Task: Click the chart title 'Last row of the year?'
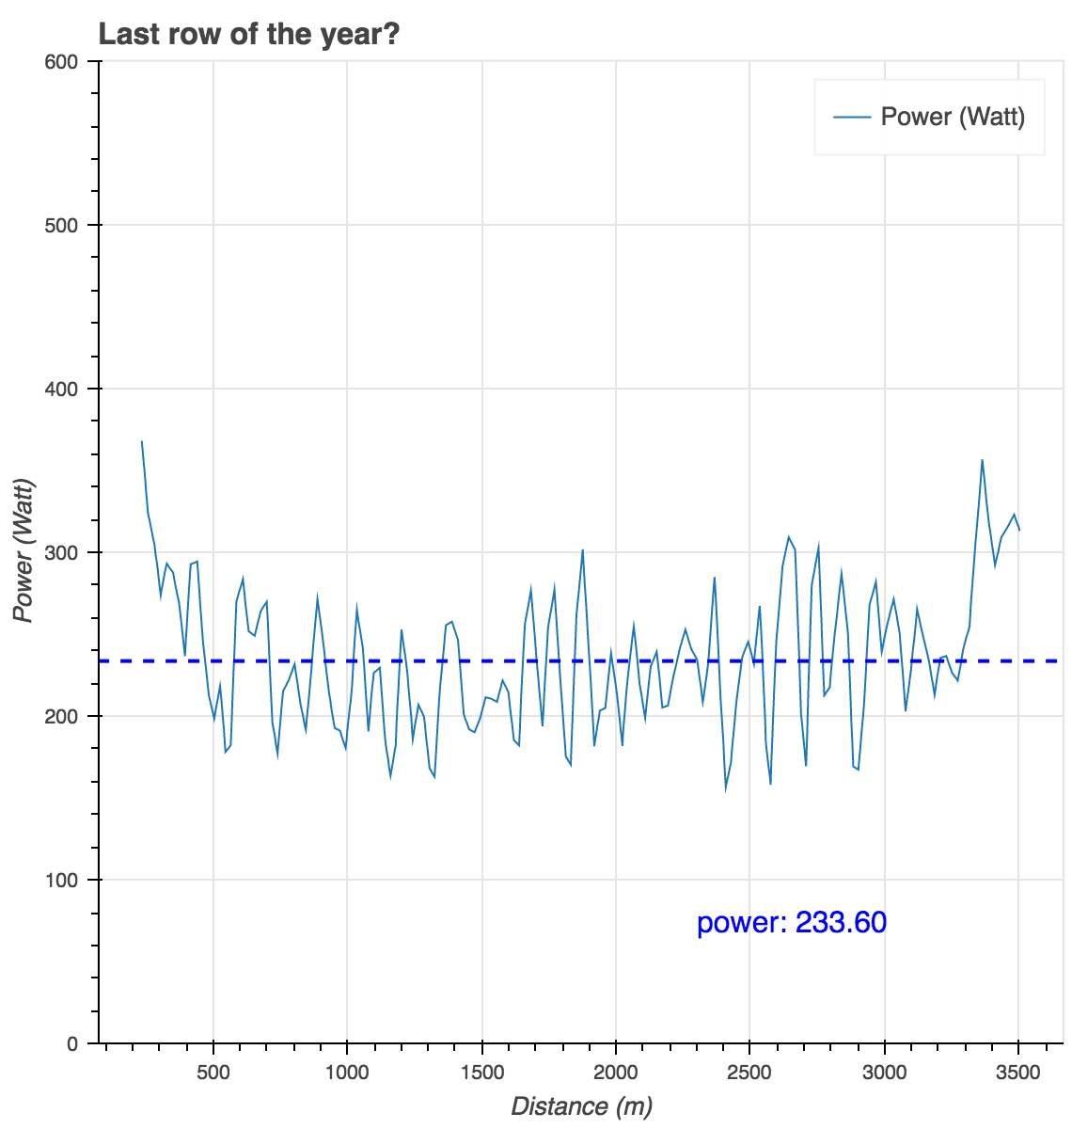tap(249, 35)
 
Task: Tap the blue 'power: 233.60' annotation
tap(792, 923)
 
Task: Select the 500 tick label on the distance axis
tap(213, 1073)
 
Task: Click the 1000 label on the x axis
tap(347, 1073)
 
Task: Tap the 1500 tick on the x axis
tap(481, 1073)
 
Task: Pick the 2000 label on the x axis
tap(616, 1073)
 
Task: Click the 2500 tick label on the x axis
tap(749, 1073)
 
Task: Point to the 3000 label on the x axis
tap(884, 1073)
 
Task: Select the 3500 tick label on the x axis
tap(1018, 1073)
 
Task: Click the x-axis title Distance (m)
tap(581, 1106)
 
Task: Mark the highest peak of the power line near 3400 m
tap(982, 460)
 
